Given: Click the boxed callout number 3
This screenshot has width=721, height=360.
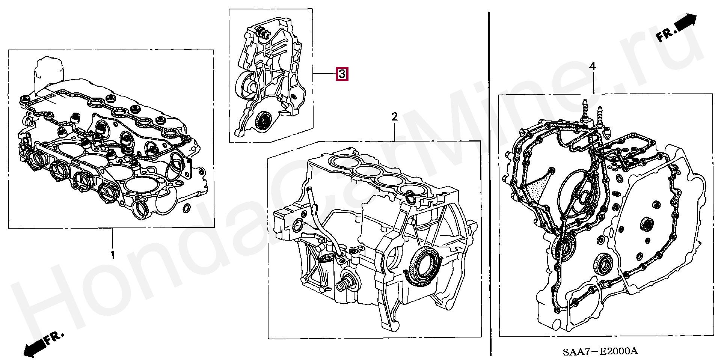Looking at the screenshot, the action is (x=342, y=74).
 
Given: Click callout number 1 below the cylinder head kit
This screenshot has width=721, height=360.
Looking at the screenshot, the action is (x=112, y=255).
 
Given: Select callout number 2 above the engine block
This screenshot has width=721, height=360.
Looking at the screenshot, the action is (x=394, y=117).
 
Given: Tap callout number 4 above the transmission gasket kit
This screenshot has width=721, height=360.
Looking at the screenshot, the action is (x=592, y=67).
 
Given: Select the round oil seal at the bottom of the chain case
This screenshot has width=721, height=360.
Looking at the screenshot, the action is (x=262, y=121).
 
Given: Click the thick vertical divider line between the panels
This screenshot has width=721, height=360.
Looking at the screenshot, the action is (x=489, y=184).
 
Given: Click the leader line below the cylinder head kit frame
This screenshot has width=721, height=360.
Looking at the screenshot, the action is (x=112, y=239).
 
